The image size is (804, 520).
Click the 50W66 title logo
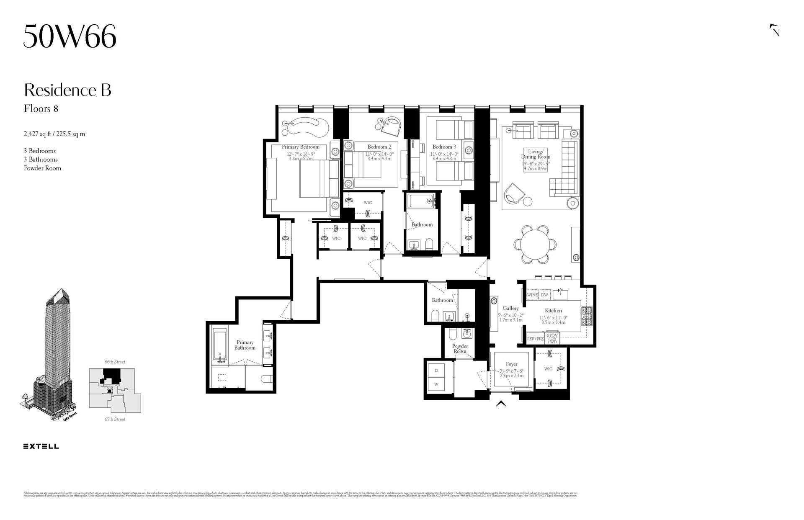[x=70, y=36]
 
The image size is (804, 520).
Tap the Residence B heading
[x=67, y=90]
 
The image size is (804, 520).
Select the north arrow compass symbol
[x=775, y=31]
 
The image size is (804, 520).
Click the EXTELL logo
[x=41, y=446]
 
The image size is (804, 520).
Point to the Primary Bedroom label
[x=300, y=147]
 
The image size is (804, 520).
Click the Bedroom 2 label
[x=379, y=147]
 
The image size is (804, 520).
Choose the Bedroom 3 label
[x=444, y=147]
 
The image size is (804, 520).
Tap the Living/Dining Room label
[x=536, y=154]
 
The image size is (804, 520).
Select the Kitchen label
[x=553, y=311]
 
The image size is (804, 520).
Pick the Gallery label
[x=511, y=309]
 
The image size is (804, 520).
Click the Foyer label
[x=511, y=364]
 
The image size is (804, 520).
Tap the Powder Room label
[x=460, y=349]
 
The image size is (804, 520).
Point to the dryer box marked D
[x=436, y=371]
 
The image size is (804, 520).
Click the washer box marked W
[x=436, y=384]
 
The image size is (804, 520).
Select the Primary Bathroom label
[x=245, y=345]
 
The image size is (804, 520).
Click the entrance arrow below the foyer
[x=501, y=404]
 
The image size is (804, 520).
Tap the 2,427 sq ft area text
[x=54, y=134]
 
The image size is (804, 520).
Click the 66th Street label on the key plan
[x=115, y=362]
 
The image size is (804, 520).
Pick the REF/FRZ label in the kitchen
[x=536, y=339]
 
